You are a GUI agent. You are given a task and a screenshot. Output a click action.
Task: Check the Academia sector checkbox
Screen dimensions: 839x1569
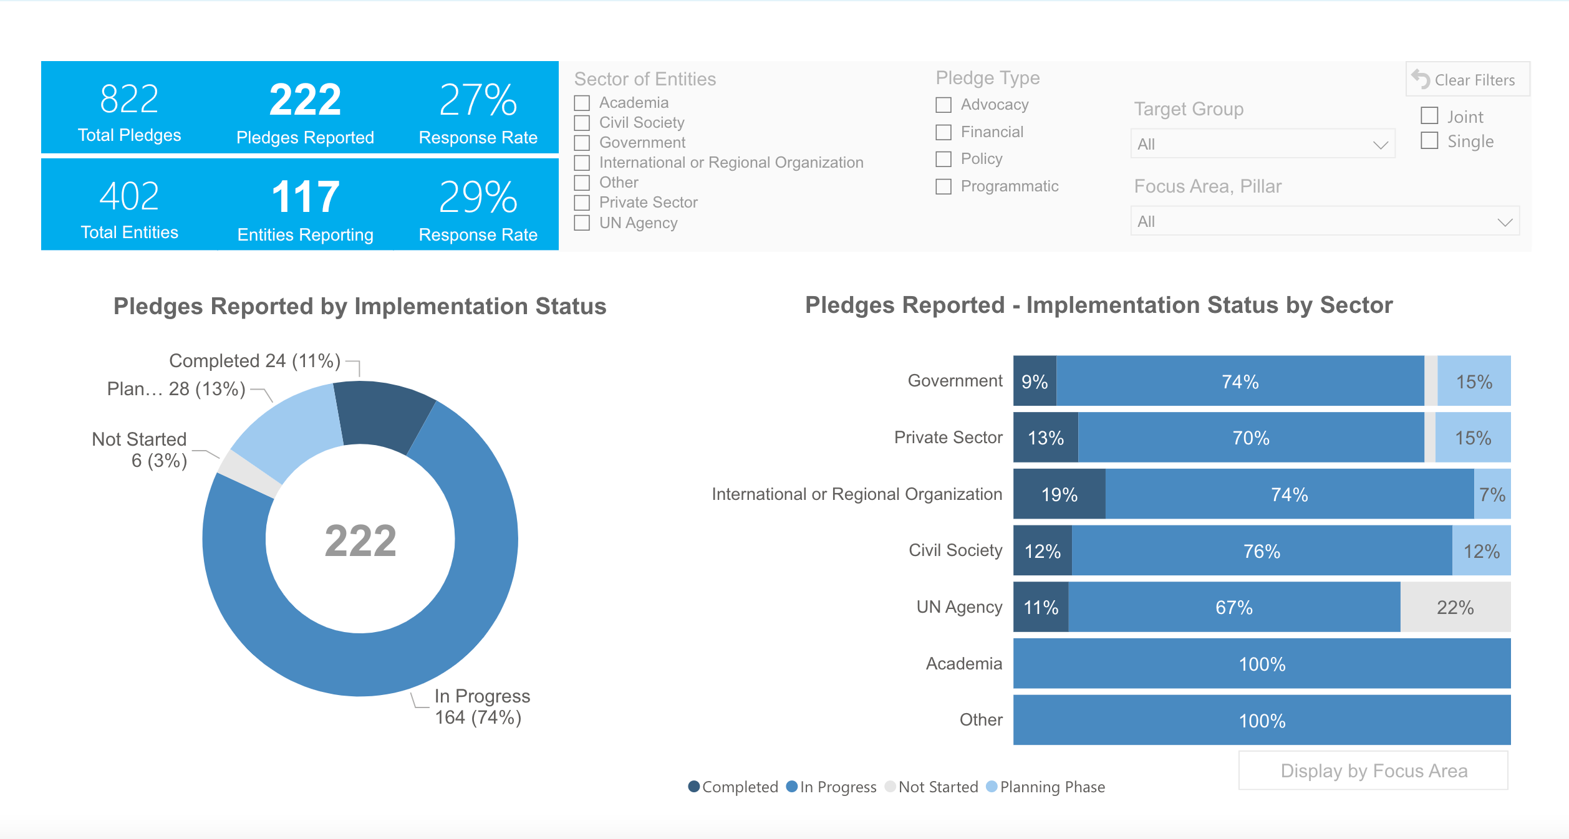coord(582,103)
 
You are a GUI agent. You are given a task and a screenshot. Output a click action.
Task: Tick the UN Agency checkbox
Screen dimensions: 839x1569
coord(582,223)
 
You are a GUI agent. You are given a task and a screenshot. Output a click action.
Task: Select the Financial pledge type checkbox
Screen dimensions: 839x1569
coord(944,132)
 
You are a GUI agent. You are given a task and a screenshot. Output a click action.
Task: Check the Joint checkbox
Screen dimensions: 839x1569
coord(1429,116)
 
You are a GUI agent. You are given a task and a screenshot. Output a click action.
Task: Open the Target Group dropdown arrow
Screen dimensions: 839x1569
coord(1381,145)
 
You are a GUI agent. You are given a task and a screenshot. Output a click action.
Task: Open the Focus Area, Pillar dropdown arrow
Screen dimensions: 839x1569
coord(1505,222)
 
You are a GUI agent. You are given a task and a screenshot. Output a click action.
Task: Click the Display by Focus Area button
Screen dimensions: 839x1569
coord(1373,771)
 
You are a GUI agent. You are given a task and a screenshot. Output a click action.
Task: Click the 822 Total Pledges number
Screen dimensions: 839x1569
coord(130,99)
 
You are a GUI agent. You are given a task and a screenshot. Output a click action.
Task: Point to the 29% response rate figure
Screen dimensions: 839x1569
coord(478,197)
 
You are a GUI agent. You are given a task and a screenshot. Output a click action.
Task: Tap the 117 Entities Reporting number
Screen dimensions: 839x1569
coord(305,197)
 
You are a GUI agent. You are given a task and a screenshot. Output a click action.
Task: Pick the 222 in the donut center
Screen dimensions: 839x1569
coord(360,540)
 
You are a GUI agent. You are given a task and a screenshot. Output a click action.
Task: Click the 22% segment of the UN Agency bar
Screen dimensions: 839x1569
coord(1455,607)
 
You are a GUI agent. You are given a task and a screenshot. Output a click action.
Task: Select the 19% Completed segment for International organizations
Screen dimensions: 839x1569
coord(1059,494)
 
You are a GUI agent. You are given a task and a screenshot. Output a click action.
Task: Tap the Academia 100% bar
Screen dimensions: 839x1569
coord(1262,664)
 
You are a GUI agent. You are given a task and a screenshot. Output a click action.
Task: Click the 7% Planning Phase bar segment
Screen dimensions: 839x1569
coord(1492,494)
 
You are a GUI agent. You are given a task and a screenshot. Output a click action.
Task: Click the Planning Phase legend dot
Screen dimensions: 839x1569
coord(992,787)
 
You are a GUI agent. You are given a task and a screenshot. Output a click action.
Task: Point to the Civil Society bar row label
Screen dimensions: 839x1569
coord(955,550)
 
